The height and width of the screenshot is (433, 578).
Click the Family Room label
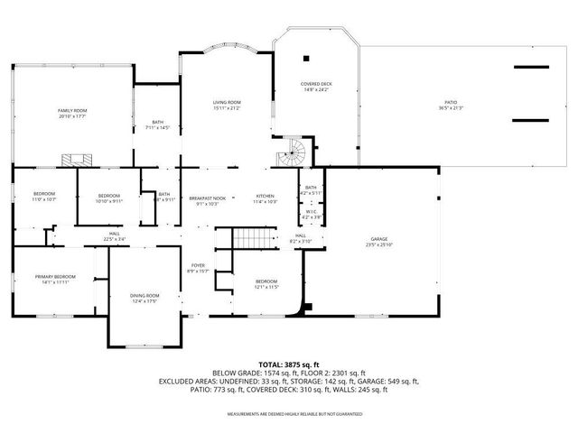[72, 111]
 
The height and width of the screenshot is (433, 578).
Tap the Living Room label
[227, 103]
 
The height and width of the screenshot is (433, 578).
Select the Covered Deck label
[316, 84]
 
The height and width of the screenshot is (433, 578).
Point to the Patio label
[450, 105]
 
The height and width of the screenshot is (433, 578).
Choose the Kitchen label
[265, 197]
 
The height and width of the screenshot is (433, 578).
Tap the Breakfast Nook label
[204, 197]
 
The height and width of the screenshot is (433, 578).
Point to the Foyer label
[198, 266]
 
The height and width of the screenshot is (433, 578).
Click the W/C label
[311, 214]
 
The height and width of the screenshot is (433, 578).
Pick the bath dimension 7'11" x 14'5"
[158, 128]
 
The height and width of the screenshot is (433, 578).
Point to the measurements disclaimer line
[289, 414]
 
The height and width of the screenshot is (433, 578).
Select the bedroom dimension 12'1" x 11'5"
[266, 287]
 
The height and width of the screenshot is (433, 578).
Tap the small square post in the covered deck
[306, 59]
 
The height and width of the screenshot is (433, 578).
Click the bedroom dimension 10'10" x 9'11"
[109, 200]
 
